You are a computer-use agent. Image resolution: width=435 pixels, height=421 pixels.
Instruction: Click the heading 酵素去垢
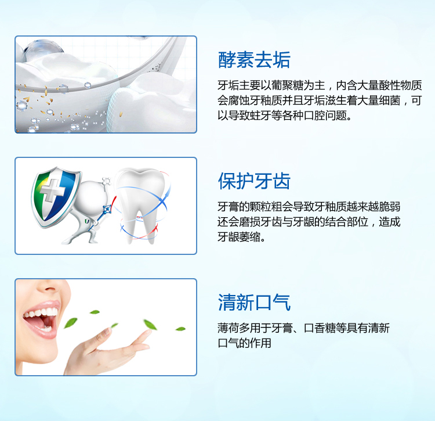pos(254,60)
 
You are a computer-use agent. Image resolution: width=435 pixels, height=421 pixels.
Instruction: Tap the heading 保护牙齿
pos(254,181)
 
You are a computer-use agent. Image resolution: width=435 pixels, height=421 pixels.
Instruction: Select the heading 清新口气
pos(254,302)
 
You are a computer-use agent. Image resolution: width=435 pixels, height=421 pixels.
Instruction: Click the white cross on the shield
pos(52,190)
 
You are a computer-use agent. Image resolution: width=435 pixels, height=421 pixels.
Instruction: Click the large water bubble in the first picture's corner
pos(42,49)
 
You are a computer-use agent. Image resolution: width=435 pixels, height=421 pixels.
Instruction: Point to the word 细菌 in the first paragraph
pos(390,100)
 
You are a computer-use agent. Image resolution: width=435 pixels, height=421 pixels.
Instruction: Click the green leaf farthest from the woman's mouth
pos(180,329)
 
